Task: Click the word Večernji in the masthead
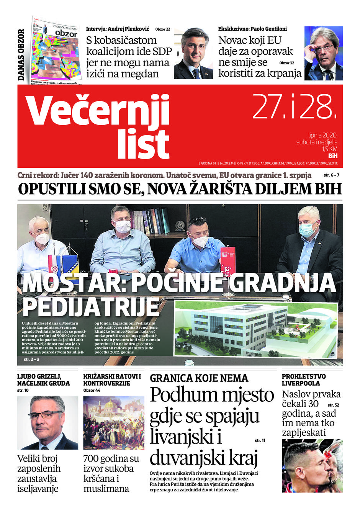98,110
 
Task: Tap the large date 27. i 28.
295,106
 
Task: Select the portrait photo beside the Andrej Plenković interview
193,53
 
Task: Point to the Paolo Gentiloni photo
324,53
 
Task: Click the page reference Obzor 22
163,29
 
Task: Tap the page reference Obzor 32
287,63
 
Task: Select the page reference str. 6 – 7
331,175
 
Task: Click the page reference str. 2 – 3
31,360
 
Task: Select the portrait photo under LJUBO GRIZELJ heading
47,423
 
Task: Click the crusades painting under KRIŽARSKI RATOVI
114,423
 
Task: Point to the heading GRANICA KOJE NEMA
199,378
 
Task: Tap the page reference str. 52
334,405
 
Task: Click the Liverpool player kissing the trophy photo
312,466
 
